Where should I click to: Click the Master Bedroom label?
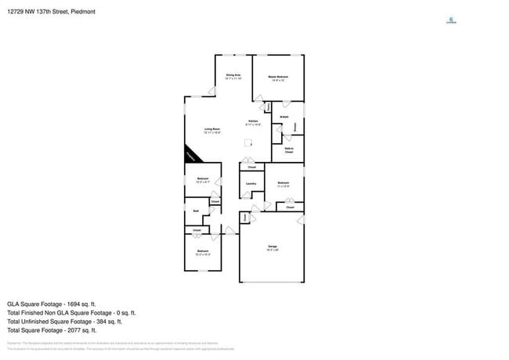(x=278, y=77)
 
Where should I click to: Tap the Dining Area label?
(x=233, y=76)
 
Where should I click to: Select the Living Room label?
(x=212, y=130)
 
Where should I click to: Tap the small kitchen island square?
(x=248, y=142)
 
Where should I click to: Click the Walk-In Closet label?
(x=289, y=149)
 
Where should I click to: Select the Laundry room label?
(x=251, y=185)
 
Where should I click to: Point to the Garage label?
(x=272, y=248)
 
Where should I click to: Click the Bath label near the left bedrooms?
(x=196, y=211)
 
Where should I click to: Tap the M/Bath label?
(x=284, y=117)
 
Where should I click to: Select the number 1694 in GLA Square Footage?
(x=70, y=304)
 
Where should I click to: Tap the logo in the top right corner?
(x=449, y=21)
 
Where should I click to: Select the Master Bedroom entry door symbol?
(x=258, y=99)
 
